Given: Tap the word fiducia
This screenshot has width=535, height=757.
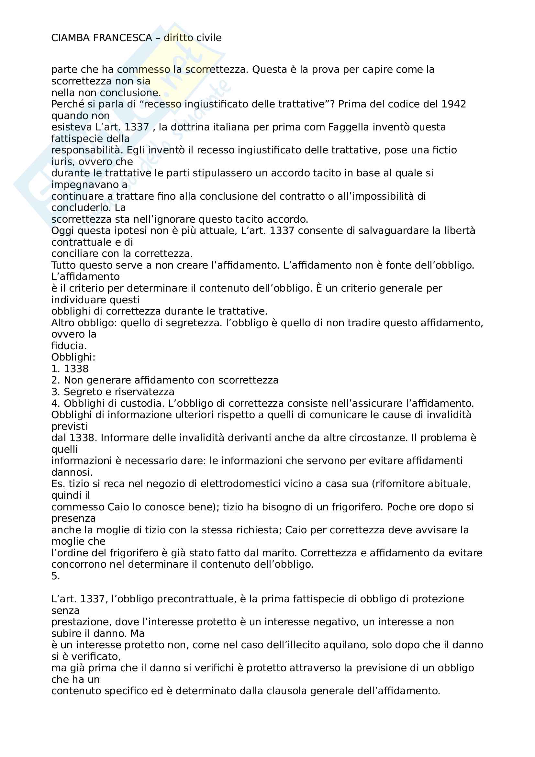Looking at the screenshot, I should (x=69, y=346).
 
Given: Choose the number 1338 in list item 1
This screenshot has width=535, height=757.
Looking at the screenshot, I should (x=76, y=369).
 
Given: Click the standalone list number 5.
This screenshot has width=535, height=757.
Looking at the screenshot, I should (x=55, y=576).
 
